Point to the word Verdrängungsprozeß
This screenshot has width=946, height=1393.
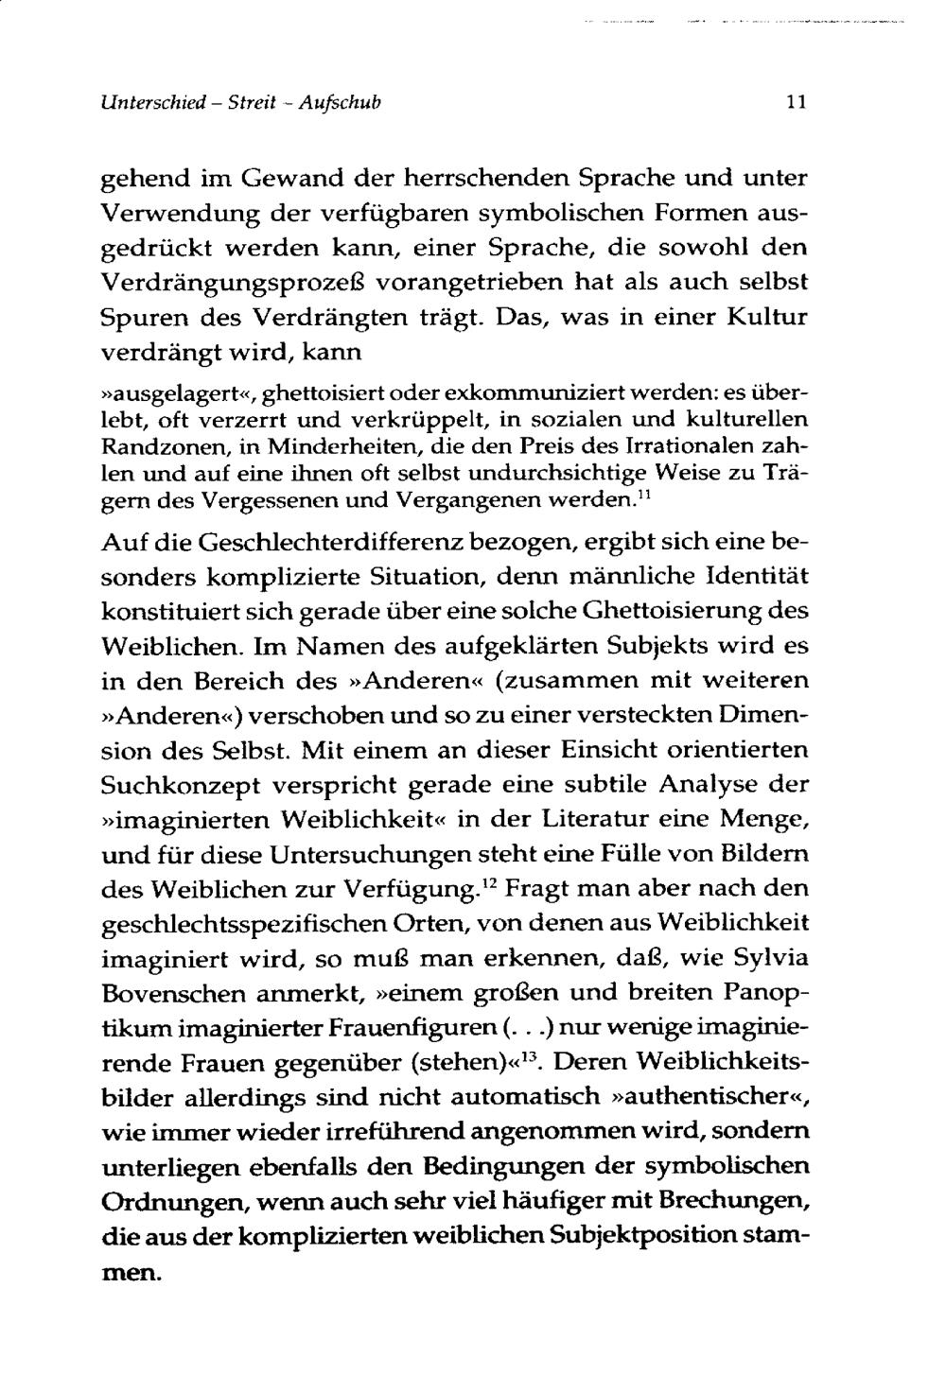click(237, 282)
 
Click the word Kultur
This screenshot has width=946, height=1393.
click(766, 317)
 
